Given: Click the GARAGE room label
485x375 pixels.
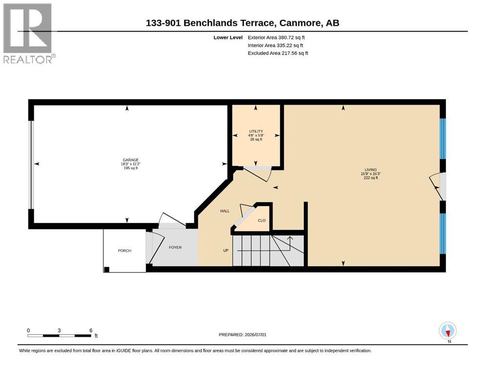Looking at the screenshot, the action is [130, 160].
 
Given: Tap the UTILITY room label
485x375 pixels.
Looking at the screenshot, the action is [256, 131].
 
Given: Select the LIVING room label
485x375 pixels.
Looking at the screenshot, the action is [371, 170].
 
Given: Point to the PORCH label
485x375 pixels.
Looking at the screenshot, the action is [125, 250].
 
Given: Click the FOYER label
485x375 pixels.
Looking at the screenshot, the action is [175, 248].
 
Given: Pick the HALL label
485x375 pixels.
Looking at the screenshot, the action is [225, 211].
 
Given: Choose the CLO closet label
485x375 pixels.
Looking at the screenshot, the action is [262, 220].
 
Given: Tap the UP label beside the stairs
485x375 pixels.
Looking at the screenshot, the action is [226, 250].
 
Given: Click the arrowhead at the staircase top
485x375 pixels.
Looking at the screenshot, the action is [290, 238].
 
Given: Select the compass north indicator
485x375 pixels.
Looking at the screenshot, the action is [447, 331].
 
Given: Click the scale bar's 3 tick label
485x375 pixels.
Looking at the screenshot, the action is [59, 330].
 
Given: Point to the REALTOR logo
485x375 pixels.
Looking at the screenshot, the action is [29, 33].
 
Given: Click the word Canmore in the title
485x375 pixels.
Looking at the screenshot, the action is [300, 23].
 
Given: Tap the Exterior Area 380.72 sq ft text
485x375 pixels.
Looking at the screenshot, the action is [276, 38].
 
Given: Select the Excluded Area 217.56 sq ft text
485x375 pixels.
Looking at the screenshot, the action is [278, 53].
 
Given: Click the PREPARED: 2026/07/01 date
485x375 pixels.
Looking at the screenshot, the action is [242, 335].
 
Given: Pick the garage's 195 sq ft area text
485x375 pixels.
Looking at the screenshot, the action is [130, 168].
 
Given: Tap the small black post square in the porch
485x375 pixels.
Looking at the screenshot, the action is [106, 270].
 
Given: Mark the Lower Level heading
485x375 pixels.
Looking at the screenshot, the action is [228, 38].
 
